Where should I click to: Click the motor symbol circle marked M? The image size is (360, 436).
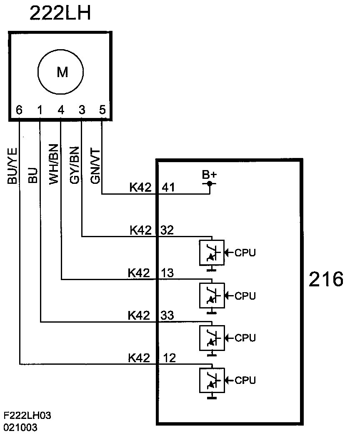38,72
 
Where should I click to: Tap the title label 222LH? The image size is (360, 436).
60,13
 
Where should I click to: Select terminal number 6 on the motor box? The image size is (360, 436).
19,110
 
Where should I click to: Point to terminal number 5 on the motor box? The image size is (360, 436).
102,110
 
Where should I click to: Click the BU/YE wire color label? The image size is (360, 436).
12,166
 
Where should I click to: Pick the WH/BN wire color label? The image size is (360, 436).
54,164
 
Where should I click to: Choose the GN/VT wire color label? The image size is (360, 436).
95,166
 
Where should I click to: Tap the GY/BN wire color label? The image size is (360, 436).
75,165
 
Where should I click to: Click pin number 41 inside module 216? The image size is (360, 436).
168,188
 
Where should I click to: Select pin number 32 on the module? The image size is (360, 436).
167,230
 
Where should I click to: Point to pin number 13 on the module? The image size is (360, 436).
167,273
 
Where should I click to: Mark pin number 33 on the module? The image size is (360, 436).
167,315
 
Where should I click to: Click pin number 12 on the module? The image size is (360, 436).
169,358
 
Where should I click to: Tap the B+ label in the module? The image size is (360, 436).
209,175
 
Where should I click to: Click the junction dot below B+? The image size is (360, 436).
210,183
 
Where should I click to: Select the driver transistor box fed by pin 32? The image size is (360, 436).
212,253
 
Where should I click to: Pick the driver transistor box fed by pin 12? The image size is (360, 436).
212,380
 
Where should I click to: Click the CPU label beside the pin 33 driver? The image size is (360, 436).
245,338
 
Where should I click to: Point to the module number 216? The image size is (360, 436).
326,279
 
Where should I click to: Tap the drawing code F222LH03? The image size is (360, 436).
27,416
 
